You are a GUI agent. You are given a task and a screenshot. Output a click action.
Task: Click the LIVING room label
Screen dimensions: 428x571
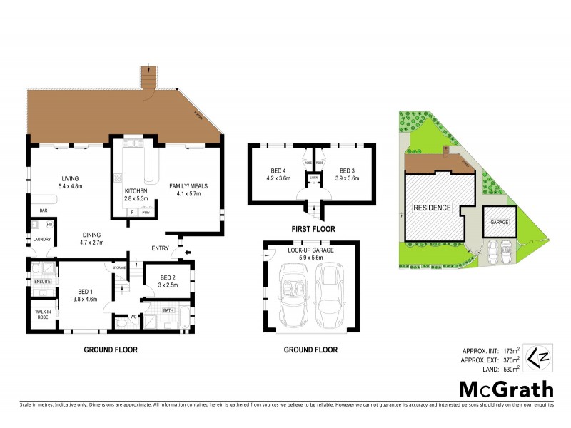coord(69,178)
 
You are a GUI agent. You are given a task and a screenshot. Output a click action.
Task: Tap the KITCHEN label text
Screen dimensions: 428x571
coord(136,191)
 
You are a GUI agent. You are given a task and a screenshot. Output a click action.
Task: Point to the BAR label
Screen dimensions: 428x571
coord(43,210)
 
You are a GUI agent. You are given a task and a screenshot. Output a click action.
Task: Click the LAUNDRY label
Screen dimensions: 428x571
coord(41,239)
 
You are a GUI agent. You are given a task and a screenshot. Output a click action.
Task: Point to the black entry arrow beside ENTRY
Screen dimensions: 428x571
coord(188,252)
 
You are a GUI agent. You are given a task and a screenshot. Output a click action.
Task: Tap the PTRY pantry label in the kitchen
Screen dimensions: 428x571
coord(146,213)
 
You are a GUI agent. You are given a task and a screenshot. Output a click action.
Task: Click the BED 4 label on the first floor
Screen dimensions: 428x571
coord(278,170)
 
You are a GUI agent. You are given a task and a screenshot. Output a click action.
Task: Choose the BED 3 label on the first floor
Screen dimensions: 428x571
coord(347,170)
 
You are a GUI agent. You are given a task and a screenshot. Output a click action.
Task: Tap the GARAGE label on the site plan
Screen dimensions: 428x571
coord(497,223)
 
